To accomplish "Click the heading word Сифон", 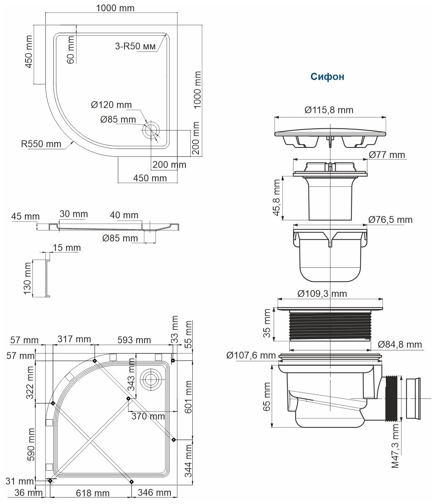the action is [327, 77].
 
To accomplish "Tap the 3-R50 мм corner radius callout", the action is [135, 46].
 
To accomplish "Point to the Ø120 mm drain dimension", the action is [111, 105].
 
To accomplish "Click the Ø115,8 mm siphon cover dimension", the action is [329, 110].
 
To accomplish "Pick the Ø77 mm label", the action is [387, 155].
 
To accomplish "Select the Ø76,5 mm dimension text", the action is [391, 219].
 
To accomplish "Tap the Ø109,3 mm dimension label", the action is [322, 293].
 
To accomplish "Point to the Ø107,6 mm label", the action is [251, 355].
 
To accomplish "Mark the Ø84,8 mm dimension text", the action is [400, 344].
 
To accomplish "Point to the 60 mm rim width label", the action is [71, 50].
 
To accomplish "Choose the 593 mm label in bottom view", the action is [134, 340].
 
